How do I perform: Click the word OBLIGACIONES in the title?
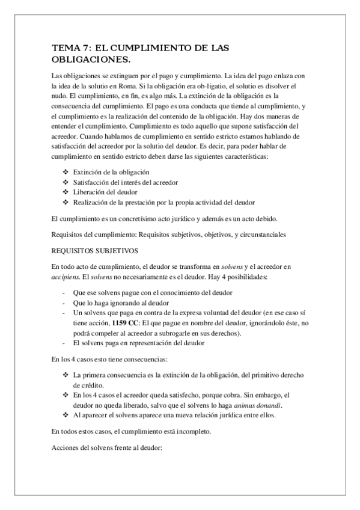tap(91, 60)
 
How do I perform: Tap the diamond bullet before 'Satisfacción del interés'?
tap(65, 182)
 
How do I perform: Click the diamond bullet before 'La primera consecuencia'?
tap(65, 375)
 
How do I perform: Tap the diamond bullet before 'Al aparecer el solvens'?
tap(65, 415)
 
